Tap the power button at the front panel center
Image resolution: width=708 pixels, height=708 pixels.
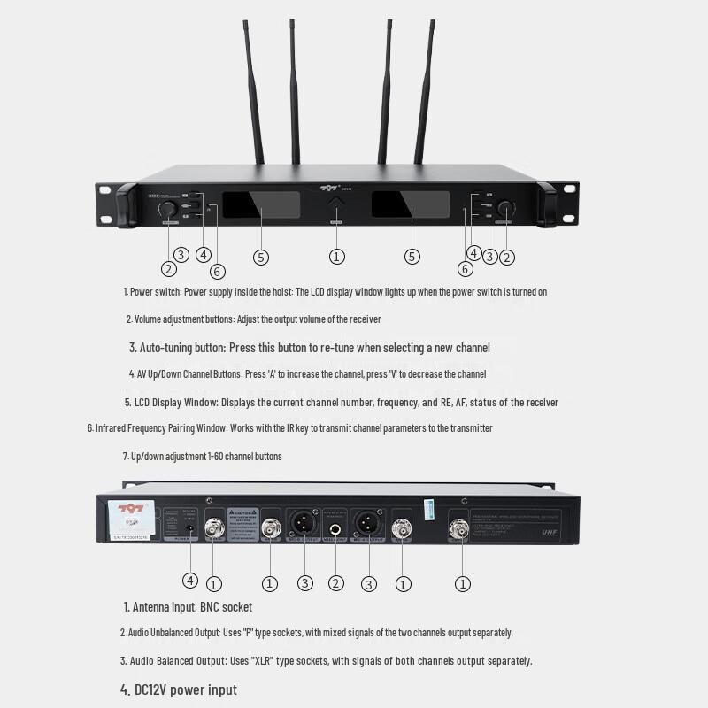pyautogui.click(x=336, y=207)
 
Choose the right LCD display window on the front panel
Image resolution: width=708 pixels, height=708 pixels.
pyautogui.click(x=411, y=205)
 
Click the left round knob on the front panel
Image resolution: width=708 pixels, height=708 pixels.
pyautogui.click(x=167, y=209)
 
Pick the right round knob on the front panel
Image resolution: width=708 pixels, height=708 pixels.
pyautogui.click(x=504, y=209)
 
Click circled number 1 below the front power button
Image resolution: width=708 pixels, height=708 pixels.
pyautogui.click(x=336, y=257)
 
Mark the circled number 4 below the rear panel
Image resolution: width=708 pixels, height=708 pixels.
pyautogui.click(x=190, y=581)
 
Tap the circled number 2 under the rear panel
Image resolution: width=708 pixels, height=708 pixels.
pyautogui.click(x=336, y=583)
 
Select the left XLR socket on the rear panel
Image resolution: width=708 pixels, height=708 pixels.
pyautogui.click(x=303, y=523)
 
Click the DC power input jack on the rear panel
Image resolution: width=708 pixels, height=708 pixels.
pyautogui.click(x=189, y=528)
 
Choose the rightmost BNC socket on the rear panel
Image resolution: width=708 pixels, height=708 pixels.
pyautogui.click(x=458, y=529)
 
